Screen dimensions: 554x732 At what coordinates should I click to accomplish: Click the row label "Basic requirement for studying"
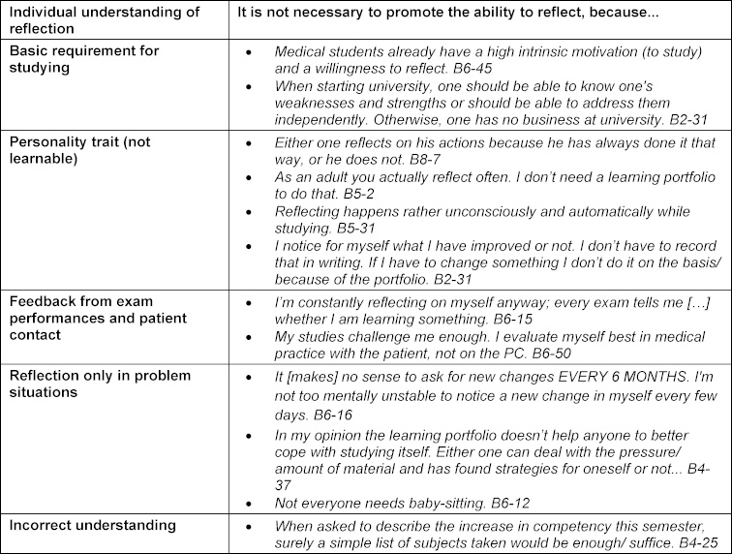[x=84, y=58]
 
